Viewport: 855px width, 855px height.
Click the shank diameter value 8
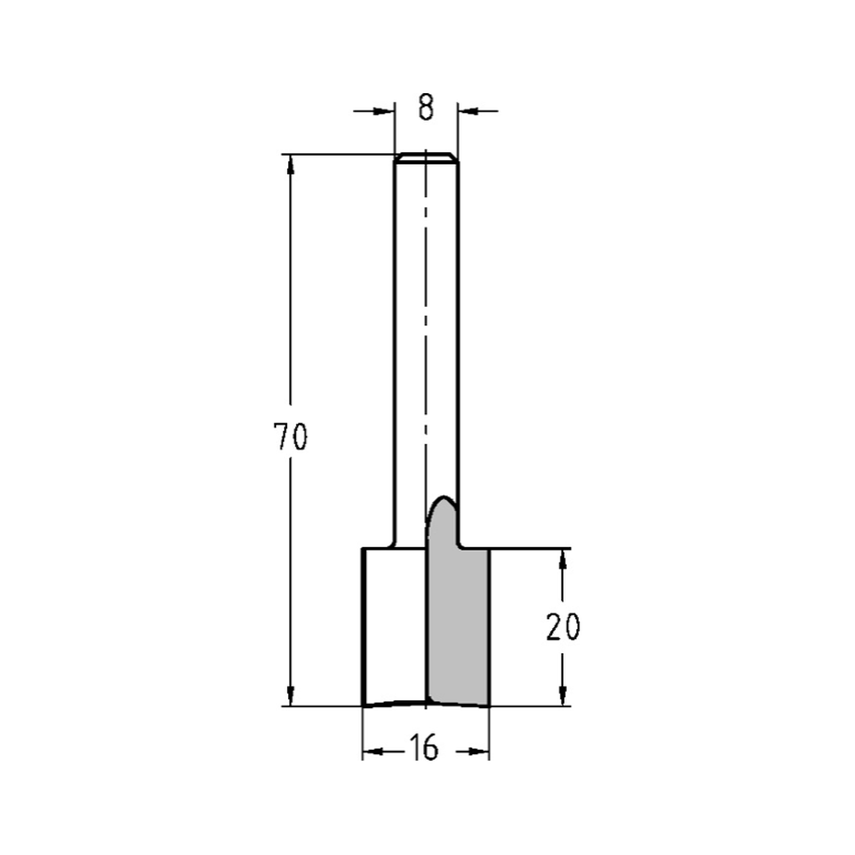point(426,109)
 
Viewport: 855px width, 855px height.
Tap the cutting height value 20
point(563,628)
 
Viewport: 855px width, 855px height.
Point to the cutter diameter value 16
point(423,749)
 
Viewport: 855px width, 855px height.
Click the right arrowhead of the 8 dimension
point(468,110)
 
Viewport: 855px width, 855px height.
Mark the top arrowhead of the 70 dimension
point(291,165)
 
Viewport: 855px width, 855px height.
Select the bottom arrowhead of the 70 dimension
point(291,696)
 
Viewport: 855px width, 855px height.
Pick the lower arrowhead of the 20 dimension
point(563,696)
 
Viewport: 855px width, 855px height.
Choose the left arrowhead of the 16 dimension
point(373,752)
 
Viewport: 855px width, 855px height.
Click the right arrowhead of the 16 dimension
point(479,752)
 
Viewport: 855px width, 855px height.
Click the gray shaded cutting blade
point(458,624)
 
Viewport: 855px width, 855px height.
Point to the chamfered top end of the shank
point(426,157)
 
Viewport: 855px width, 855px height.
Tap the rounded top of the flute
point(444,500)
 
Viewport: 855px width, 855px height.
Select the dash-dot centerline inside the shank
point(425,342)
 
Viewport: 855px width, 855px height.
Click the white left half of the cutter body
point(394,624)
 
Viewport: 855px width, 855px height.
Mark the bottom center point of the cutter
point(426,703)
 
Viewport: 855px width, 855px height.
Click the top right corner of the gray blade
point(488,550)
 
